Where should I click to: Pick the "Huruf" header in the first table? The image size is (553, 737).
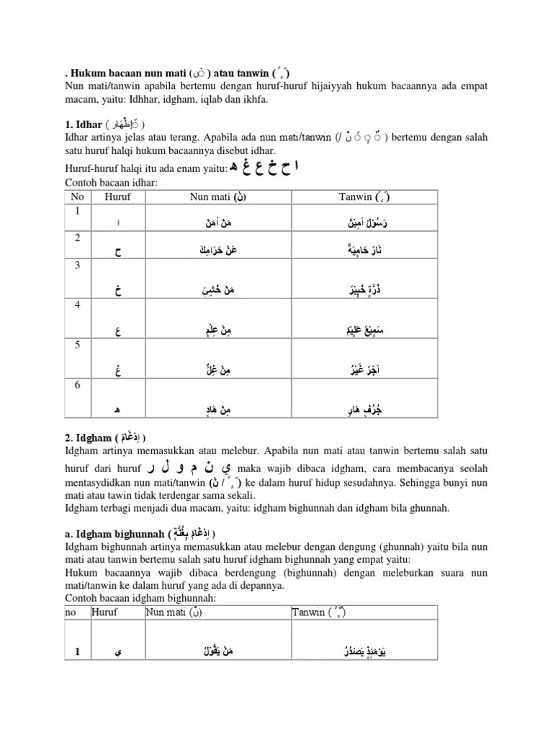118,196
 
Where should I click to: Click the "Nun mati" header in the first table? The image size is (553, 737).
219,196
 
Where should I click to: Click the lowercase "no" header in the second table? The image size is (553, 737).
71,612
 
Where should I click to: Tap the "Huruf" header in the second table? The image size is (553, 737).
104,612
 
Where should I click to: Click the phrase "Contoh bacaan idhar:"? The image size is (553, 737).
112,183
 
